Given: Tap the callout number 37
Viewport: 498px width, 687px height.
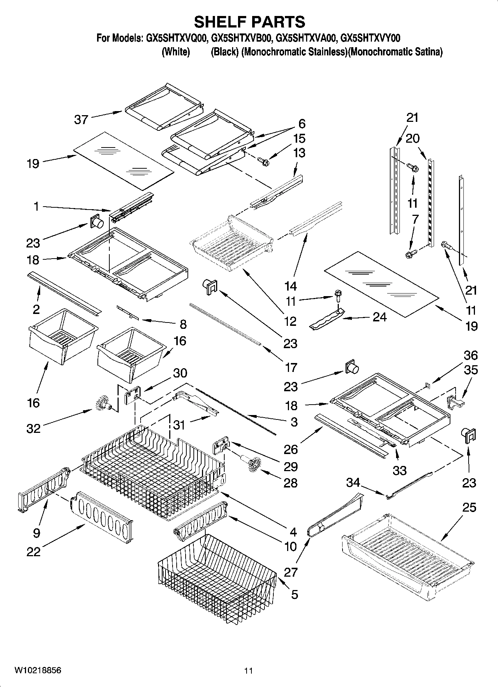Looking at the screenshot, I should click(x=81, y=120).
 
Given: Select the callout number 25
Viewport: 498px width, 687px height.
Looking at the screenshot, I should click(x=469, y=507).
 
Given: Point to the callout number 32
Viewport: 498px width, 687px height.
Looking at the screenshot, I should click(x=33, y=428).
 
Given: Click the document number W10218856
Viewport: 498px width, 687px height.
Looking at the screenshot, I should click(x=38, y=671).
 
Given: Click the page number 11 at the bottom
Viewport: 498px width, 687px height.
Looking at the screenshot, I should click(x=248, y=671).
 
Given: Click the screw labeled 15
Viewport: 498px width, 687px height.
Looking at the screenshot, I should click(x=264, y=162).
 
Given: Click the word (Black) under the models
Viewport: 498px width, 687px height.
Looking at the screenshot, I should click(x=224, y=52).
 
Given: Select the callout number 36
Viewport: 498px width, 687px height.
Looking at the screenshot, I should click(x=470, y=355).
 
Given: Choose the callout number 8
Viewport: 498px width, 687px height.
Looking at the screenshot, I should click(x=183, y=324).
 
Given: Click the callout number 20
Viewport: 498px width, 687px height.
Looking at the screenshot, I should click(x=412, y=138).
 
